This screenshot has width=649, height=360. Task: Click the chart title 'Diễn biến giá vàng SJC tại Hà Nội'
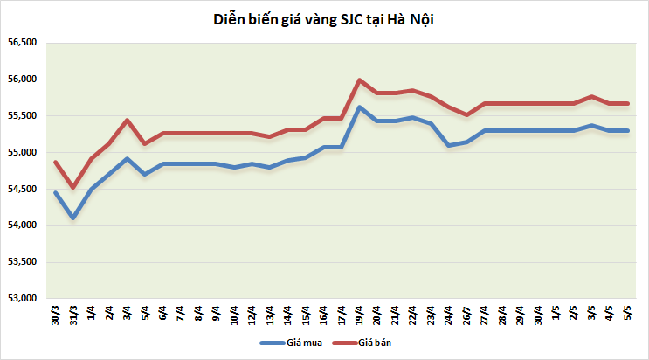323,20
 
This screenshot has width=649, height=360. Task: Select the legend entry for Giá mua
291,343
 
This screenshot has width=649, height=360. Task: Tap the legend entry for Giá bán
362,343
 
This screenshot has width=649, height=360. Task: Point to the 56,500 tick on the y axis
23,42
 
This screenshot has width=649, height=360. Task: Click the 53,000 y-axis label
23,298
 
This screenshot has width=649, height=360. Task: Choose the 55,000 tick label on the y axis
23,152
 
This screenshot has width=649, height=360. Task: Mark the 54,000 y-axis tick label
23,225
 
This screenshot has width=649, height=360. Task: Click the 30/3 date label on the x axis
55,315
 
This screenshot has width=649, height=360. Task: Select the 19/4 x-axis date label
359,315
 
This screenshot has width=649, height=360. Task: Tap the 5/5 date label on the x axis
628,313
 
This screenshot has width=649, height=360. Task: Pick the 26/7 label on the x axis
467,315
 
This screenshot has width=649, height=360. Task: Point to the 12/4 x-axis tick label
252,315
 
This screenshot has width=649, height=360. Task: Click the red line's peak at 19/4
359,80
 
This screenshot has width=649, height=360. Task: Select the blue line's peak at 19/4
359,107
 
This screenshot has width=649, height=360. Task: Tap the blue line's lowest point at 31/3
73,218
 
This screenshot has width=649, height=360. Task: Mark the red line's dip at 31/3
73,187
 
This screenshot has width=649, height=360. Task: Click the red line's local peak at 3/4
127,120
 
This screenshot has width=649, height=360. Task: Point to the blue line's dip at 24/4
449,145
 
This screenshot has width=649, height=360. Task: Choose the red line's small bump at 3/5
592,96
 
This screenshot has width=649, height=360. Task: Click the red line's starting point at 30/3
55,162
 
